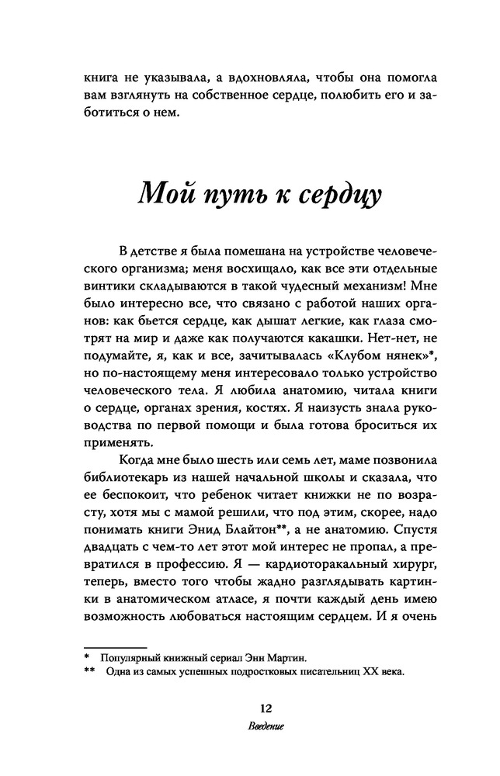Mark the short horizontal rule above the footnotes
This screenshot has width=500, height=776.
115,646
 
